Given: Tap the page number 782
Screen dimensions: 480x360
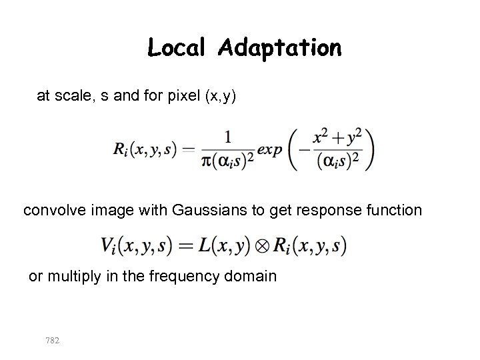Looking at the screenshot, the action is [x=52, y=340].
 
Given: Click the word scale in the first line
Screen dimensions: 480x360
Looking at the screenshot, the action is [x=70, y=97].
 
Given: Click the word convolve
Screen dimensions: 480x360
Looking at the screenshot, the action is [x=51, y=211].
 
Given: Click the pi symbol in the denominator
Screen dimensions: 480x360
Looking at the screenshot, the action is [x=205, y=162].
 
